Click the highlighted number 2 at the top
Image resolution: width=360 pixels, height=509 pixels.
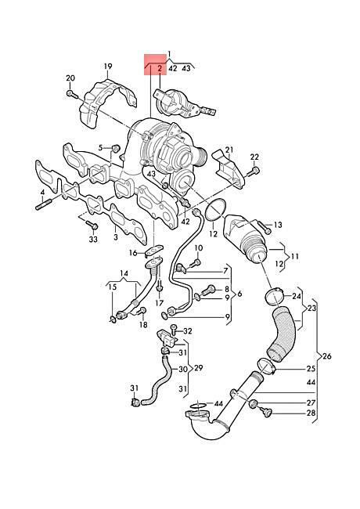click(160, 68)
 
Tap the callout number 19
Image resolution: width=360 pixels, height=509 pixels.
click(108, 67)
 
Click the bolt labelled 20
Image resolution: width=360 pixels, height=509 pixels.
click(72, 94)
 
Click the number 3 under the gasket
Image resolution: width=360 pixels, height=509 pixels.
click(116, 236)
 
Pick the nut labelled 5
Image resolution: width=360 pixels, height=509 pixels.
click(116, 149)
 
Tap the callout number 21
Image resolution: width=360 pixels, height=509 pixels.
click(229, 150)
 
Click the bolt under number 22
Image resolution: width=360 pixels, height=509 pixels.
click(254, 171)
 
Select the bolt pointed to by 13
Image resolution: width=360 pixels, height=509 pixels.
click(265, 227)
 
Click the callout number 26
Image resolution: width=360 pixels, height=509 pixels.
click(327, 356)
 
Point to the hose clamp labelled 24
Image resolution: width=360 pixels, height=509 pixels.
click(275, 295)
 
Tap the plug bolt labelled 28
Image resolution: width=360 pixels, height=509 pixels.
click(267, 412)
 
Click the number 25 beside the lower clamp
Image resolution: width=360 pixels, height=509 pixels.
click(311, 369)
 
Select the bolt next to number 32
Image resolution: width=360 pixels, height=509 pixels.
click(174, 329)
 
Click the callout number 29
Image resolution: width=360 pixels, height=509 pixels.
click(199, 368)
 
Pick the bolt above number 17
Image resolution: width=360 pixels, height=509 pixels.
click(159, 286)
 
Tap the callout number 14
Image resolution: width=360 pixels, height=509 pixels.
click(124, 273)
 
